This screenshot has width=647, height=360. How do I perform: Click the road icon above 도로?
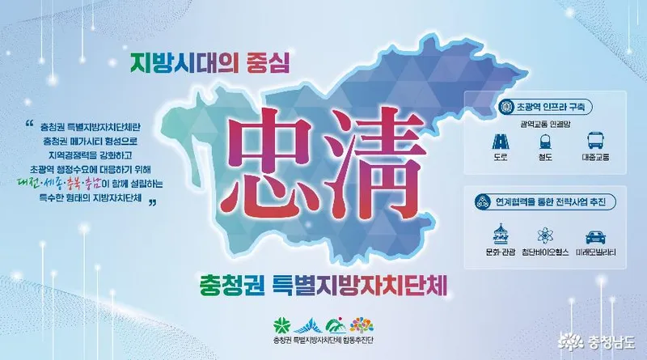(x=500, y=142)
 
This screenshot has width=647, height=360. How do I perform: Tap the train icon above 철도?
(x=545, y=142)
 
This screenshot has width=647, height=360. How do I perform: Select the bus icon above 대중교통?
(x=595, y=141)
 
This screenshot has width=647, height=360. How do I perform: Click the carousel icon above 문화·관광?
(x=500, y=234)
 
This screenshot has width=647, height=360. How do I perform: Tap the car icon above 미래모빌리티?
(x=595, y=237)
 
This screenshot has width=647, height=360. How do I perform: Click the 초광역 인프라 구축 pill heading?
(x=544, y=108)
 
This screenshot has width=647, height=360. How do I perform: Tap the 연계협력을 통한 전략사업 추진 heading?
(x=544, y=202)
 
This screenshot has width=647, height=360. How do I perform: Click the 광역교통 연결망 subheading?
(x=545, y=124)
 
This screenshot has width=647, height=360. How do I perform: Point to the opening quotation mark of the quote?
(x=29, y=124)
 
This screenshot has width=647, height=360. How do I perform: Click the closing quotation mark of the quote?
(x=152, y=203)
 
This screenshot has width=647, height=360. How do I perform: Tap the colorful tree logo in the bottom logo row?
(x=362, y=325)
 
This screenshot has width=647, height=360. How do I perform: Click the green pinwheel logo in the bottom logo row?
(x=281, y=325)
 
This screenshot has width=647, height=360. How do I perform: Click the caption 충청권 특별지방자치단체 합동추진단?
(x=323, y=341)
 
